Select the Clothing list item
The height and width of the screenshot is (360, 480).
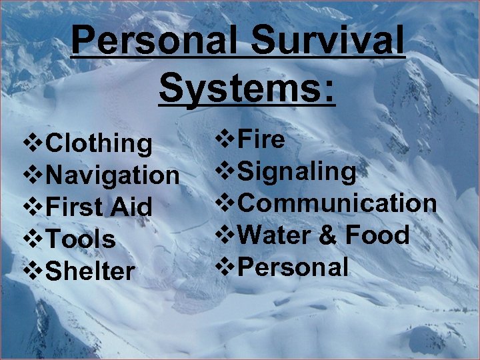tap(100, 143)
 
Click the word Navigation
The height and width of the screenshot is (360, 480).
tap(113, 175)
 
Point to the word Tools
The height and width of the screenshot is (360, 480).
tap(81, 239)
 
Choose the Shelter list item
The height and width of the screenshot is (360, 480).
tap(91, 271)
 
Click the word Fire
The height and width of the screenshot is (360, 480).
tap(261, 139)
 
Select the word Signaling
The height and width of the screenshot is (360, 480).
tap(297, 172)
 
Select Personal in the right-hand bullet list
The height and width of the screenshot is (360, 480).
tap(293, 267)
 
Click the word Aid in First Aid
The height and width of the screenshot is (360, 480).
tap(131, 207)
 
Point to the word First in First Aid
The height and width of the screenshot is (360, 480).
tap(74, 207)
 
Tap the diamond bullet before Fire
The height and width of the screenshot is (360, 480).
tap(225, 139)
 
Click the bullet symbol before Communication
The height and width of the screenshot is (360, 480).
tap(225, 203)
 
